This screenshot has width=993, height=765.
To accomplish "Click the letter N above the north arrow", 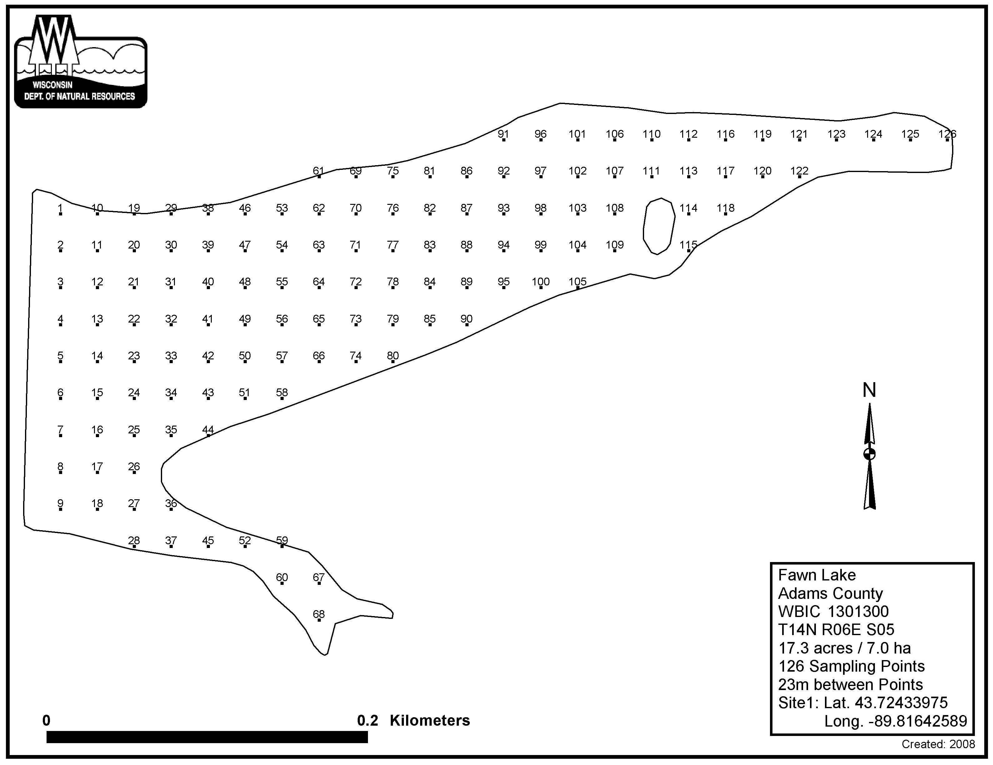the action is point(869,390).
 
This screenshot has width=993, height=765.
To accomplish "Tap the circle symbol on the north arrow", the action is point(869,454).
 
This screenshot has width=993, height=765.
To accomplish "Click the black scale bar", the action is point(207,737).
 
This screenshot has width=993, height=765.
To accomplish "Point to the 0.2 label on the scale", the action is point(367,720).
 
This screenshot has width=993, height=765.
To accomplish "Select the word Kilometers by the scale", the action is point(430,720).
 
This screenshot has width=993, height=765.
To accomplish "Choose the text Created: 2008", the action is point(938,744).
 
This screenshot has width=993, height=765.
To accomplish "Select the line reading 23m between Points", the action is point(850,684).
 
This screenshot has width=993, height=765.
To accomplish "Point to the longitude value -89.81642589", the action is point(896,721).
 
